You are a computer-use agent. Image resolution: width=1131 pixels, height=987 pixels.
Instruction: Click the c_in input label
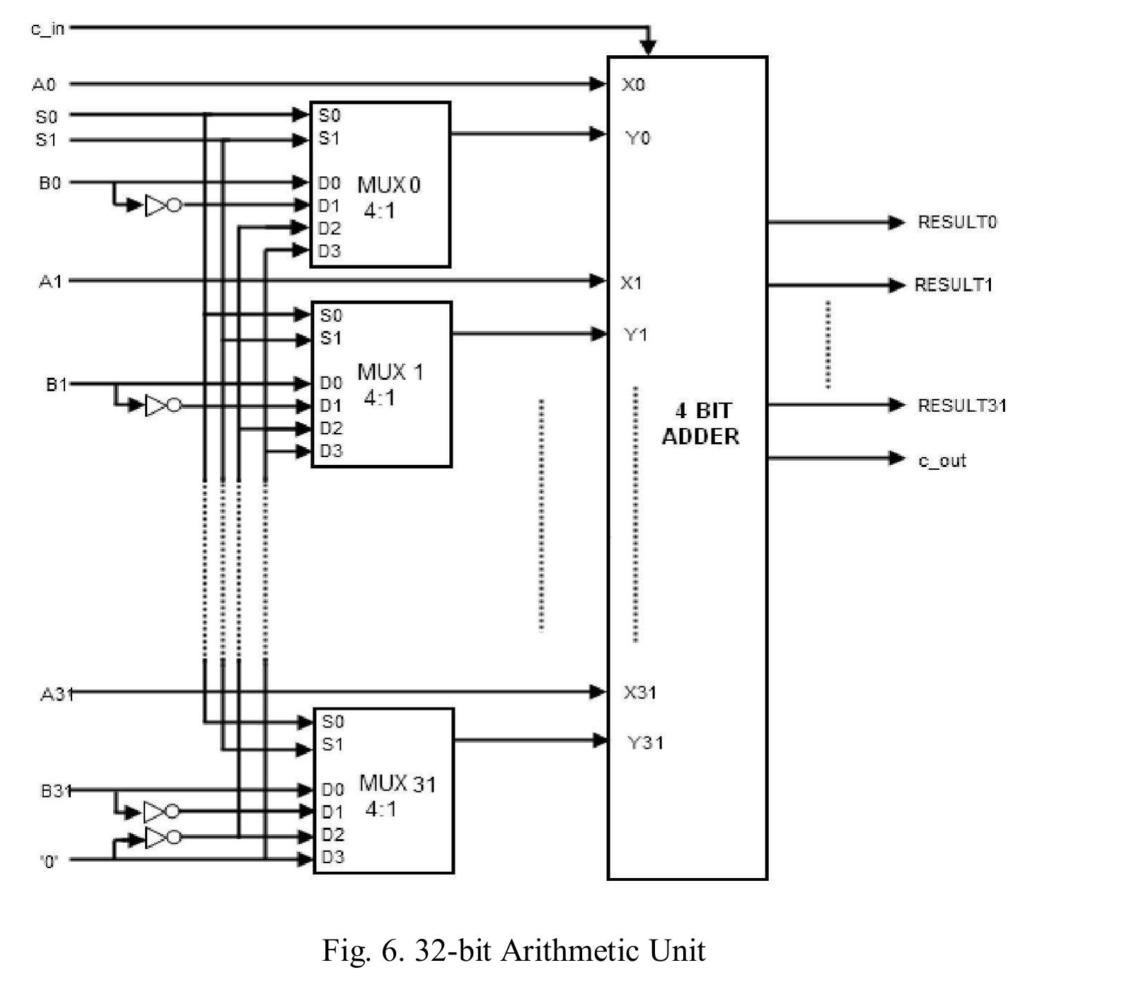coord(47,29)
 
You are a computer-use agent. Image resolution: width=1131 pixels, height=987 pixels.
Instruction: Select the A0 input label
coord(44,85)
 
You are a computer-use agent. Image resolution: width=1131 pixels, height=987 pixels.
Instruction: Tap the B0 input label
coord(50,183)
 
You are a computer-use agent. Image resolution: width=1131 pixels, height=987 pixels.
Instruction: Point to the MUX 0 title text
coord(388,185)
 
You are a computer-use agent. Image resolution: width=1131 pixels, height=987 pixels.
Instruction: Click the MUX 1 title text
coord(390,372)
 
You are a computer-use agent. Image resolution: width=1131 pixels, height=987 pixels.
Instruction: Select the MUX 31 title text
coord(398,784)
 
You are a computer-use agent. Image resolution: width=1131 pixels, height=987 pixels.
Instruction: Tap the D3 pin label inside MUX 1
coord(331,451)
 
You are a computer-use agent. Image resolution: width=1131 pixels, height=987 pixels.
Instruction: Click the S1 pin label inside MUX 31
coord(332,744)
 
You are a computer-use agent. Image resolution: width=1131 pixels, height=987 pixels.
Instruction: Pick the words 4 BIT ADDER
coord(700,423)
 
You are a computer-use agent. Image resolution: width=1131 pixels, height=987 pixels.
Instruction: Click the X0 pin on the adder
coord(633,85)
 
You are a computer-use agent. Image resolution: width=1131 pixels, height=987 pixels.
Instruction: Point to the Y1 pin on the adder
coord(635,334)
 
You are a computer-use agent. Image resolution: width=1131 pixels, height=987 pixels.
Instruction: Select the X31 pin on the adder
coord(639,692)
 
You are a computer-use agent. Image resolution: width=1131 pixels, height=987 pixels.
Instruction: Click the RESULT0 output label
coord(956,222)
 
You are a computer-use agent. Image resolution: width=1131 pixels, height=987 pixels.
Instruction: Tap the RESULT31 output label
coord(961,405)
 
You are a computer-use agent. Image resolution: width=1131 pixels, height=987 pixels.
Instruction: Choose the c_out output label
coord(941,461)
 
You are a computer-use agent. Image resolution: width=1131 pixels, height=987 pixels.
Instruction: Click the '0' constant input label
coord(50,861)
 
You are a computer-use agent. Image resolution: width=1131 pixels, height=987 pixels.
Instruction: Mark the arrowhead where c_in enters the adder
coord(648,47)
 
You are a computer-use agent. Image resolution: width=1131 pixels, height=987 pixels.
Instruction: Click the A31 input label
coord(57,694)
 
